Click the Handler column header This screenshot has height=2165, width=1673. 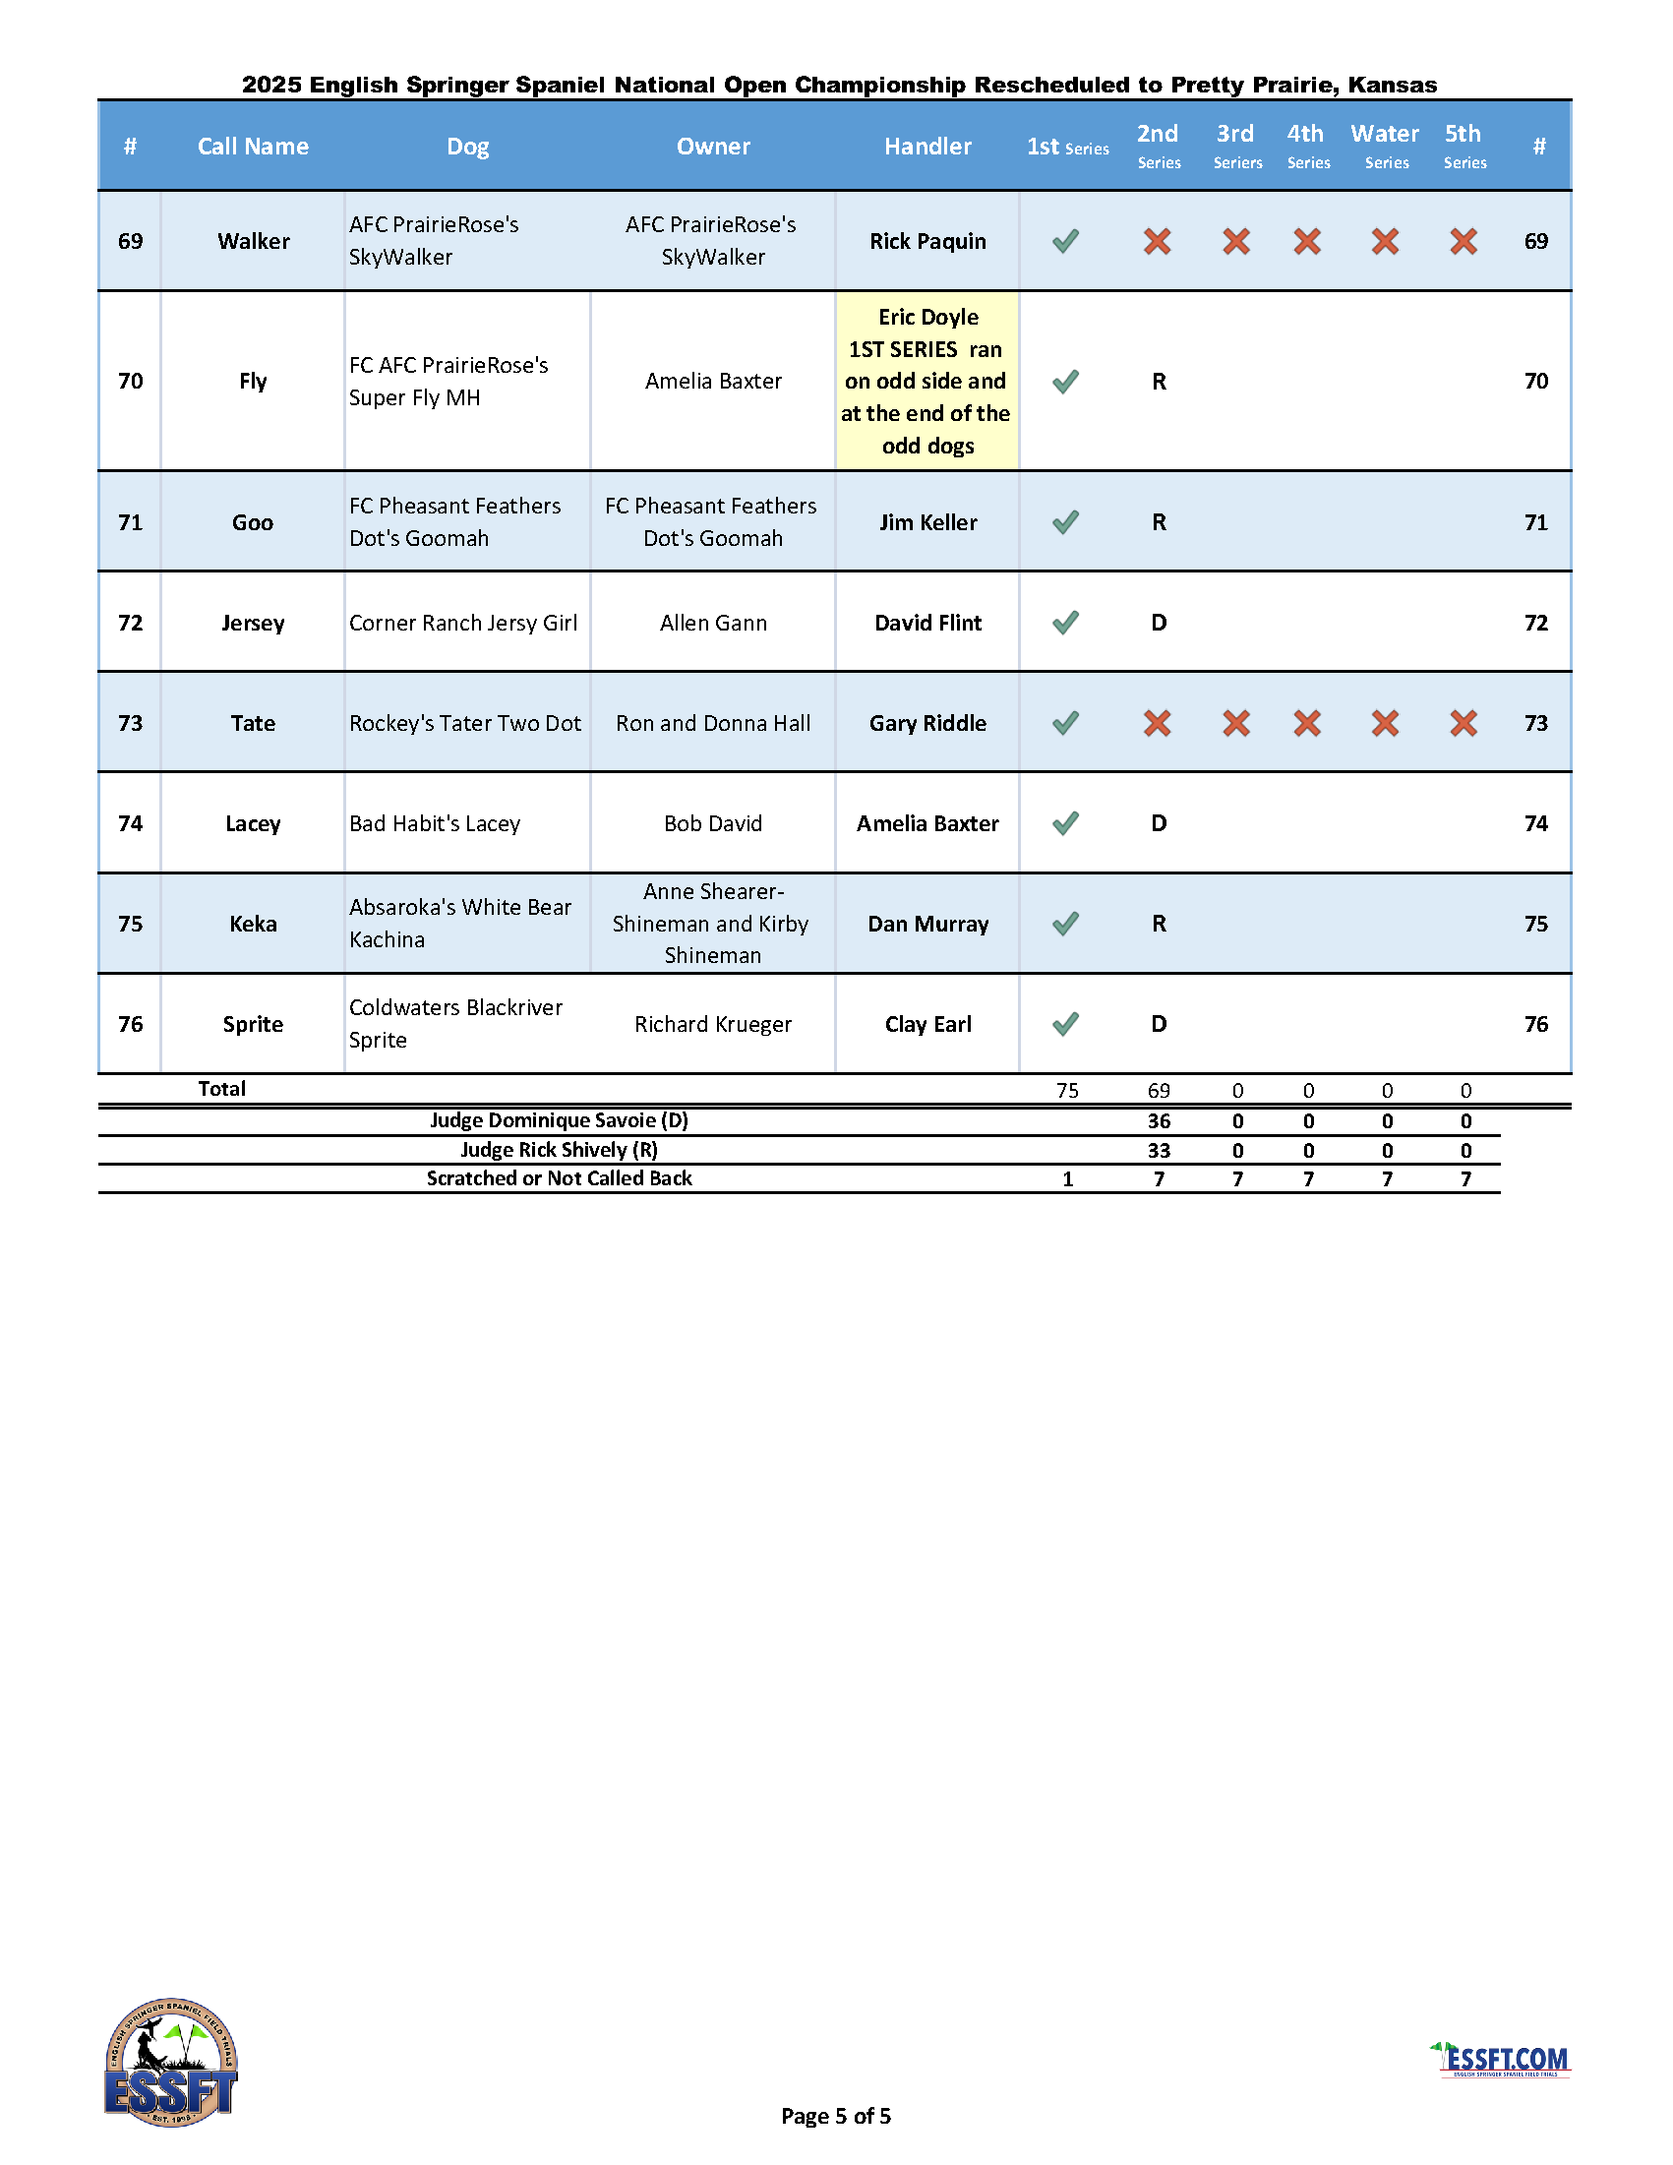point(926,147)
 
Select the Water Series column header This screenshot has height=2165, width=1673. point(1385,145)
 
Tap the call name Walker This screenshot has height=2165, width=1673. point(254,241)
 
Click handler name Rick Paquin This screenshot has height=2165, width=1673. point(927,241)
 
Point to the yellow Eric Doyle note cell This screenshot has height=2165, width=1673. point(926,381)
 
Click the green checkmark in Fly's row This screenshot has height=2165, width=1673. point(1065,382)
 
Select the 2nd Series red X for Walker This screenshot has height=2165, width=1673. point(1157,241)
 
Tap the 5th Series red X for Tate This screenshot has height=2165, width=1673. point(1463,723)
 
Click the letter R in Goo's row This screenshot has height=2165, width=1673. point(1159,522)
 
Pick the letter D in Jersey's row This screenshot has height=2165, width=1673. point(1159,623)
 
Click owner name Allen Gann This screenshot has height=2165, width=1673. point(713,623)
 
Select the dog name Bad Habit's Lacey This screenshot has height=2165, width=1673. point(434,823)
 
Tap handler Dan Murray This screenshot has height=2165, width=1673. point(927,924)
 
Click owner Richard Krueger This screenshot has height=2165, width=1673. point(713,1024)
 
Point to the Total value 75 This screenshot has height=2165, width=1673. point(1066,1091)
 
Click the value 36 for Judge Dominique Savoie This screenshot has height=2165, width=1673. point(1159,1121)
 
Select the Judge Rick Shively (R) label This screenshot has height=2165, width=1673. point(559,1150)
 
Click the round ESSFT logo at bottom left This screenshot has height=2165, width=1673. point(171,2062)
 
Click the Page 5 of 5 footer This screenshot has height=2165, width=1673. point(835,2117)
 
